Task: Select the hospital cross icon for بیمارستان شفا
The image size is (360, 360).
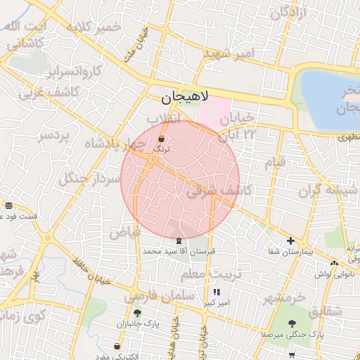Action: pos(291,241)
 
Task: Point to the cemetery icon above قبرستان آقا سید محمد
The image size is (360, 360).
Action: pos(177,240)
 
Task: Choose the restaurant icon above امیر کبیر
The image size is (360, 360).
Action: pos(216,292)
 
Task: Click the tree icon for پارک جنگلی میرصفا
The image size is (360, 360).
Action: pos(292,323)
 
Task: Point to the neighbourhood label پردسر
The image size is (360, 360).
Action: pos(54,134)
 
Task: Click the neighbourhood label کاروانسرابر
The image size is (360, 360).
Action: pos(72,71)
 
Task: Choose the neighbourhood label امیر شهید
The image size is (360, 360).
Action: pos(228,53)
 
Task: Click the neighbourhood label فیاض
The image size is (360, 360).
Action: pos(124,231)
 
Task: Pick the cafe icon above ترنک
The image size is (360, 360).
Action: pos(162,139)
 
